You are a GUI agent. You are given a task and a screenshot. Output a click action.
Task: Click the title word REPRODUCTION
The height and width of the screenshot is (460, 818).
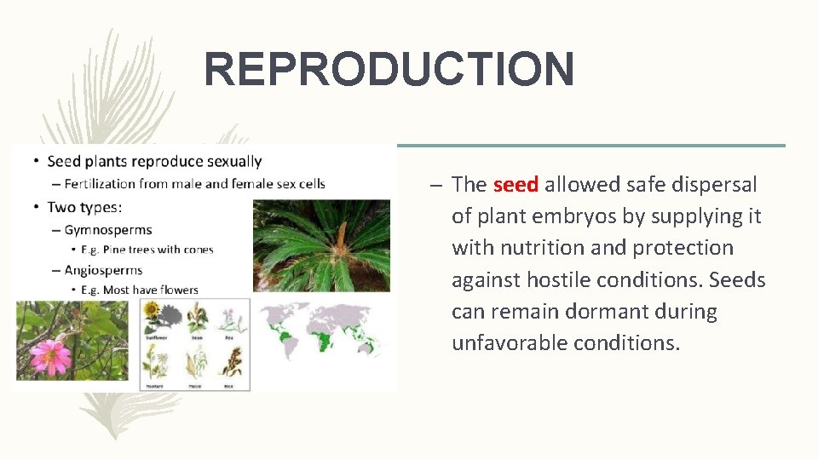(x=389, y=69)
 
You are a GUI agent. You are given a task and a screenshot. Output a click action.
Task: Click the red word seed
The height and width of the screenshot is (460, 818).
(x=516, y=184)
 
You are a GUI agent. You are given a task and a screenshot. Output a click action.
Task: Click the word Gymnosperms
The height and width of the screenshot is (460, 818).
(x=108, y=229)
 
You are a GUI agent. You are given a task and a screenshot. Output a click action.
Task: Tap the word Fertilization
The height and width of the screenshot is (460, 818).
(x=101, y=184)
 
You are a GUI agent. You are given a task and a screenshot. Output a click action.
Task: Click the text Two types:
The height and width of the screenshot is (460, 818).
(x=84, y=207)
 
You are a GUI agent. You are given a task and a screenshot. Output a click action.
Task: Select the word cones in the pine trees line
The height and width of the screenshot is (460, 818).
(x=197, y=250)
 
